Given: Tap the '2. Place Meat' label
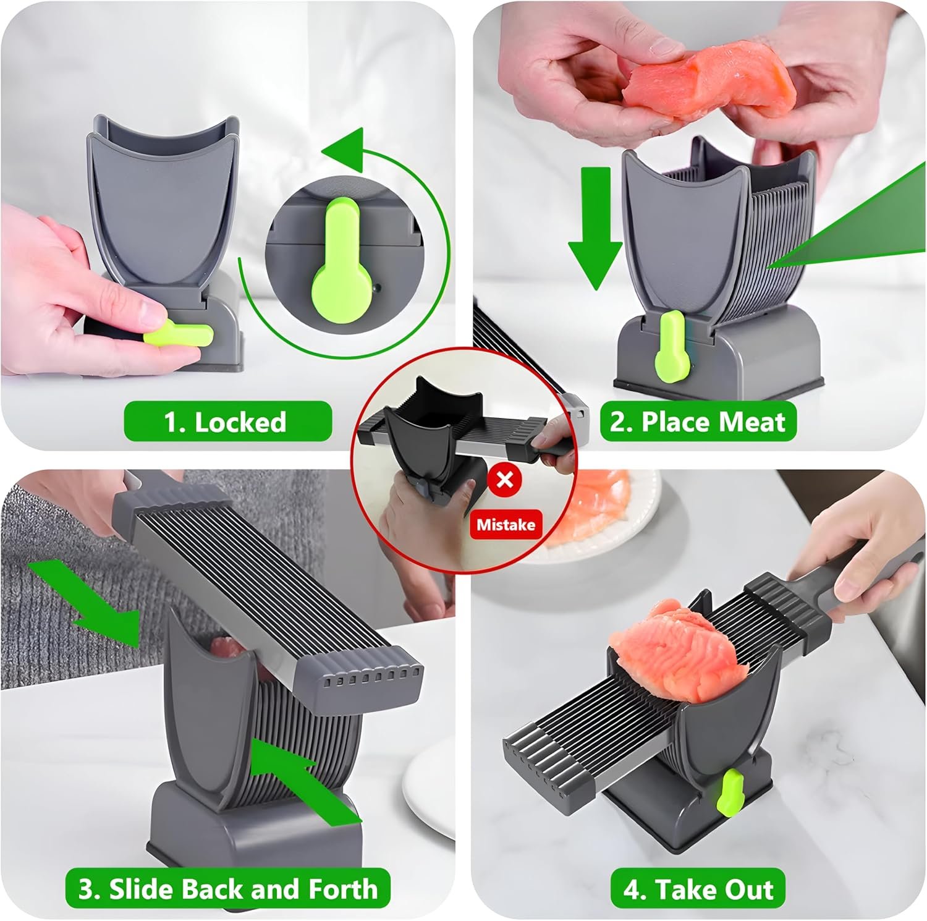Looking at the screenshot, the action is (x=698, y=422).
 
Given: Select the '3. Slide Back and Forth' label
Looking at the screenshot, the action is (x=228, y=889).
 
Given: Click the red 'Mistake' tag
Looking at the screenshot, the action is (x=506, y=525).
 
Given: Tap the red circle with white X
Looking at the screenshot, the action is (x=505, y=480).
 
